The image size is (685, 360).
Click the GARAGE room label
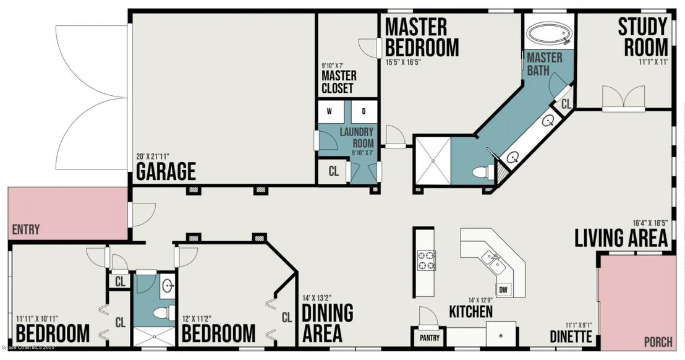tap(166, 171)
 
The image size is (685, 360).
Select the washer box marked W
tap(330, 111)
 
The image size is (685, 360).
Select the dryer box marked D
tap(364, 111)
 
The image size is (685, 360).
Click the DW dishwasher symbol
tap(503, 290)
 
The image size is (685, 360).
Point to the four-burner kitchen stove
tap(427, 260)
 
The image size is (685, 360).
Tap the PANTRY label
tap(430, 338)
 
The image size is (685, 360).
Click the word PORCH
tap(658, 341)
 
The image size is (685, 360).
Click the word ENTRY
tap(26, 229)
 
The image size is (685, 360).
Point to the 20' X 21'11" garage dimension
tap(153, 156)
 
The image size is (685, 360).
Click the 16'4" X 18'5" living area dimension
tap(650, 223)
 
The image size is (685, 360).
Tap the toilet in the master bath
tap(482, 171)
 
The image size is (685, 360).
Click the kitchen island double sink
tap(491, 262)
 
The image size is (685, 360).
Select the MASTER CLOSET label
tap(339, 82)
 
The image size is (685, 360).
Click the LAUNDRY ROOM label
tap(357, 137)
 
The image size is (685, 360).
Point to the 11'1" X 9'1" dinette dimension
tap(579, 325)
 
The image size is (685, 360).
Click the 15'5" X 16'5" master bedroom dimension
tap(403, 62)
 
